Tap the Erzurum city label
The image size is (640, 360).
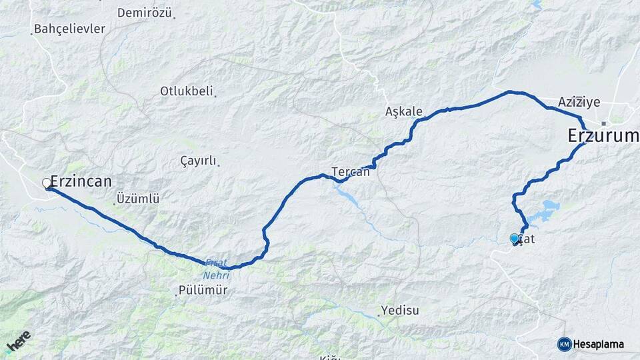click(603, 136)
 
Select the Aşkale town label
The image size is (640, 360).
click(404, 111)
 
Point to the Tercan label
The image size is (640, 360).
click(351, 171)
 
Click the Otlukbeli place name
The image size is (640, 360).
click(186, 91)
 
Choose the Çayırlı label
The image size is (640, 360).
click(199, 161)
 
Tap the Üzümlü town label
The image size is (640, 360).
click(138, 198)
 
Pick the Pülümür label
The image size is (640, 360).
click(203, 291)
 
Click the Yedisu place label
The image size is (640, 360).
click(399, 310)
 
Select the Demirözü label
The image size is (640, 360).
click(144, 13)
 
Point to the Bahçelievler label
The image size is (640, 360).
click(69, 29)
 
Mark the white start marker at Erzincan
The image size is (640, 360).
click(47, 183)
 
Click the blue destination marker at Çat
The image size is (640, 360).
click(514, 238)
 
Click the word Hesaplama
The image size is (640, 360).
click(599, 345)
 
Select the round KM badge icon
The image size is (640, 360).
click(565, 344)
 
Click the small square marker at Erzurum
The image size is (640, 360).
click(603, 123)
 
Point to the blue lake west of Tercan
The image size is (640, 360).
click(347, 195)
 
